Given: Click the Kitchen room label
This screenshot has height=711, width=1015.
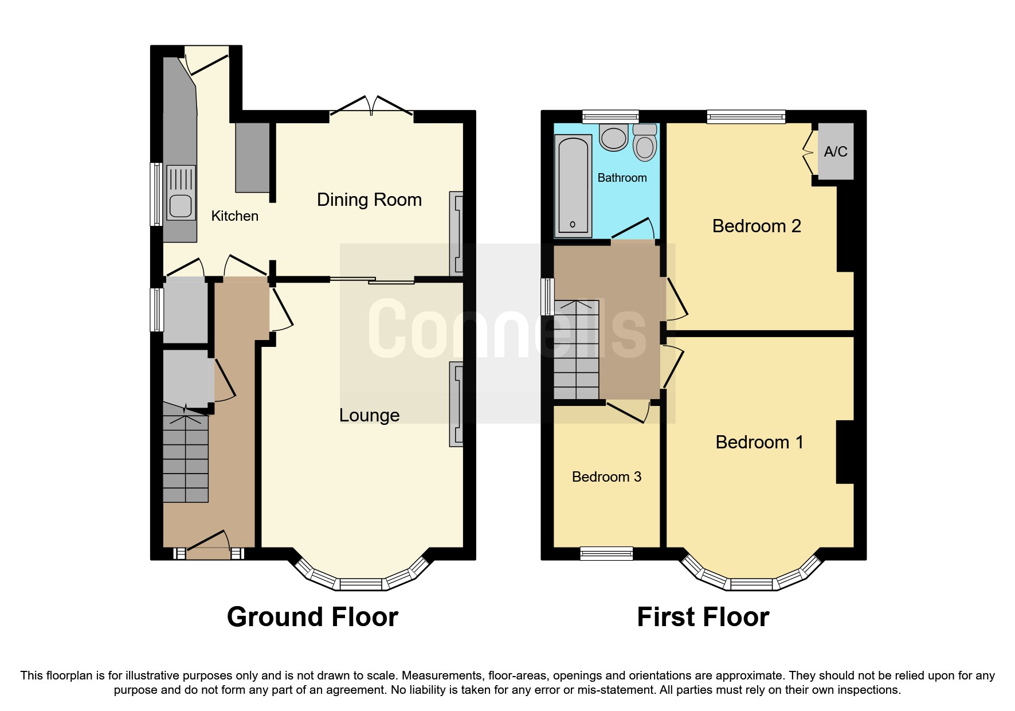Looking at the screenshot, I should pos(234,216).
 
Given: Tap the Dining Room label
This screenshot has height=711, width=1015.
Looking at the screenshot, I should pos(369,200).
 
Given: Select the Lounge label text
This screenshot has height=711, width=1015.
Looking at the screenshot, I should pos(369,415).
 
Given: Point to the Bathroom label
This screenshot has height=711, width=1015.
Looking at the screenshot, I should pos(622,178).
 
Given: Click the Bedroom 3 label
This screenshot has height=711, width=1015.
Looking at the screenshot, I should pos(606,476).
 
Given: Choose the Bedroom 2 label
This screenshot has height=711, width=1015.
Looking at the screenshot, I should pos(756,226).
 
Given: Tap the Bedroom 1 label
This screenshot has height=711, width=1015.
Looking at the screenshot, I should pos(759,442).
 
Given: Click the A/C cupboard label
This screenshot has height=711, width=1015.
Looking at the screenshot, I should pos(835,151).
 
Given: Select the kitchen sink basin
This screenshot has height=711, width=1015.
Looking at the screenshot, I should pos(180,206).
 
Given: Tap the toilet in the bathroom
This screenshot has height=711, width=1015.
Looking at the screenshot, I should pos(645,143).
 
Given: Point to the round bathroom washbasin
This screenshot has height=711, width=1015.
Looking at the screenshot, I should pos(614,138).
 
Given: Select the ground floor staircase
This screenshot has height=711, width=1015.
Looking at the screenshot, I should pos(185,459).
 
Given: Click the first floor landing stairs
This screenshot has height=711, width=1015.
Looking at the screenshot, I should pos(576,350).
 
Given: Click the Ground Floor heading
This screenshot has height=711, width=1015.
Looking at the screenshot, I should pos(312,617).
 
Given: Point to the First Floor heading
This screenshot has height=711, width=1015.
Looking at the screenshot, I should pos(703,617).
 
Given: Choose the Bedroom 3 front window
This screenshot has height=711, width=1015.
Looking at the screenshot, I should pos(606,553).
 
